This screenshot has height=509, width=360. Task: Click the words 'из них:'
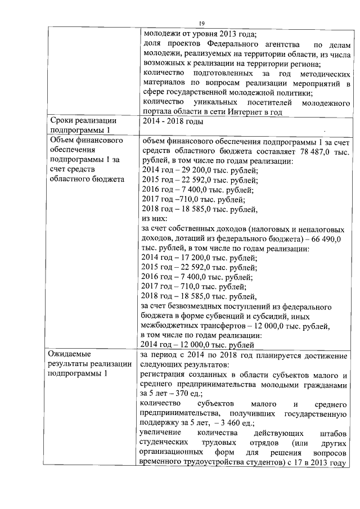coord(155,218)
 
